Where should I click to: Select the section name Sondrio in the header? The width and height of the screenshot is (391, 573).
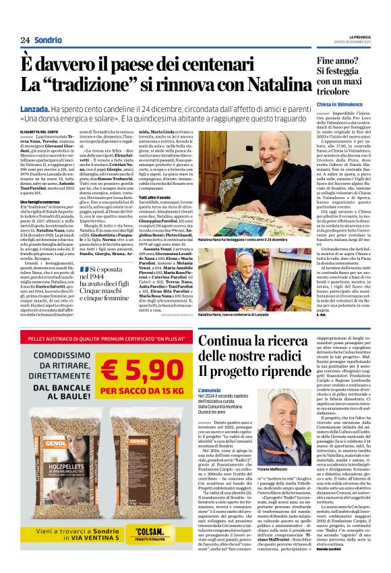tap(49, 40)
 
